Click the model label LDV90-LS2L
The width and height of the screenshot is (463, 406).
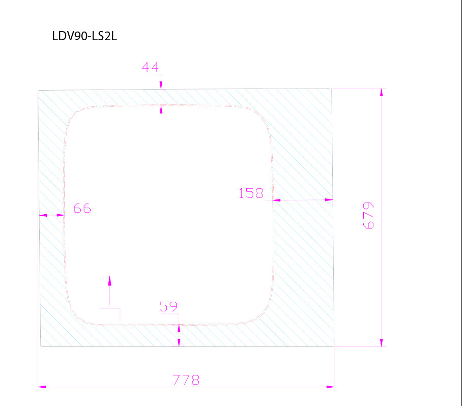click(x=84, y=36)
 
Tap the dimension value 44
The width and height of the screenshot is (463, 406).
click(x=150, y=67)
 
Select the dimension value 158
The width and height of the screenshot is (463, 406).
click(x=251, y=193)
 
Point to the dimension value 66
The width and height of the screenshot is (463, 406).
click(x=82, y=208)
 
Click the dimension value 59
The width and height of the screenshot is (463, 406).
click(x=168, y=307)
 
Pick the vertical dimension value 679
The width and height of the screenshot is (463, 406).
click(x=368, y=216)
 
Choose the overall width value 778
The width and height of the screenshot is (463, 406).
click(x=186, y=380)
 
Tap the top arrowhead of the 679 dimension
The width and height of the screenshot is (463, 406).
click(x=381, y=92)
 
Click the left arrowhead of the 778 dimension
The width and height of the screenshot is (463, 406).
click(x=42, y=387)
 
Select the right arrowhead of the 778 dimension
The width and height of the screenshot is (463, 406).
click(x=330, y=387)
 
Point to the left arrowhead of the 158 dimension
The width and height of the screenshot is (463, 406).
click(x=277, y=200)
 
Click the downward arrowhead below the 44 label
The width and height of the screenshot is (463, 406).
click(x=161, y=85)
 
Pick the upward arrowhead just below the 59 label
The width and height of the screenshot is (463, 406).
click(x=179, y=329)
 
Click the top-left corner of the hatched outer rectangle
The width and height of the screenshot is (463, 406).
click(x=38, y=91)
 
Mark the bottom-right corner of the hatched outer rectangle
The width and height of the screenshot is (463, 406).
click(x=334, y=346)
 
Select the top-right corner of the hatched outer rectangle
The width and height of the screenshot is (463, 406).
click(x=332, y=89)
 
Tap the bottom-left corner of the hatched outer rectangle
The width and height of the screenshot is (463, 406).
click(x=40, y=346)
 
